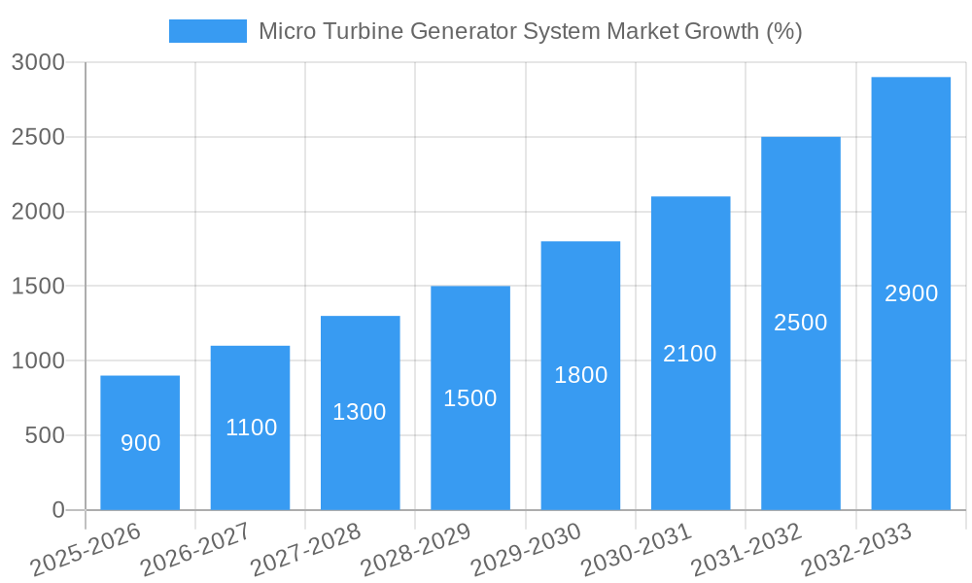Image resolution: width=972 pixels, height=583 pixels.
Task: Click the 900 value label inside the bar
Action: pos(141,443)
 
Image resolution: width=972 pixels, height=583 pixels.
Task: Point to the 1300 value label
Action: pos(360,412)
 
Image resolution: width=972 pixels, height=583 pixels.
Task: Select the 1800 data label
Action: pos(580,375)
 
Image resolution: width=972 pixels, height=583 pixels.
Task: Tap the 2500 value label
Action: pos(801,323)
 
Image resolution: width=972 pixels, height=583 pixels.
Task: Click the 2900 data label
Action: pos(911,293)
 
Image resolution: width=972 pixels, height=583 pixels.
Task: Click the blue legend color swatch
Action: pos(207,31)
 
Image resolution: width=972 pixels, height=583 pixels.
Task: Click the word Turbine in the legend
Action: pos(365,31)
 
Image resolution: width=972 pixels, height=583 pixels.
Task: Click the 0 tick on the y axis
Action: pos(58,510)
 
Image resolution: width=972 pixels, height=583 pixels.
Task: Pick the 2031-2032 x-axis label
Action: pos(746,550)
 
